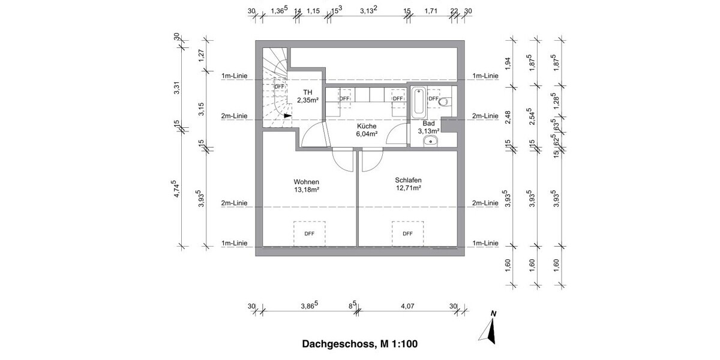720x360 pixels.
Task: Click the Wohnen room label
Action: [306, 182]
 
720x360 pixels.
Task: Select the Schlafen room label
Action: [407, 179]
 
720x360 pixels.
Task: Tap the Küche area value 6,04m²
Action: [366, 135]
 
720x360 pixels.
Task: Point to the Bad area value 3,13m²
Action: [428, 130]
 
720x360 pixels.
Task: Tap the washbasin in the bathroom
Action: [430, 141]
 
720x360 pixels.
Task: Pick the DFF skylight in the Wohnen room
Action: [309, 233]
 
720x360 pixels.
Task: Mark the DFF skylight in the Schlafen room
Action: [407, 233]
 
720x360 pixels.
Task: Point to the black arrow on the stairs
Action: [287, 116]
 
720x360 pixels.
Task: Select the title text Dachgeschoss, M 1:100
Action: [360, 344]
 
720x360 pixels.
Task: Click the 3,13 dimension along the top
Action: [368, 10]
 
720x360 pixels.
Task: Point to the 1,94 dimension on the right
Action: [508, 63]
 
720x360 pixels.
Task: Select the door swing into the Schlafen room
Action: [370, 160]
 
